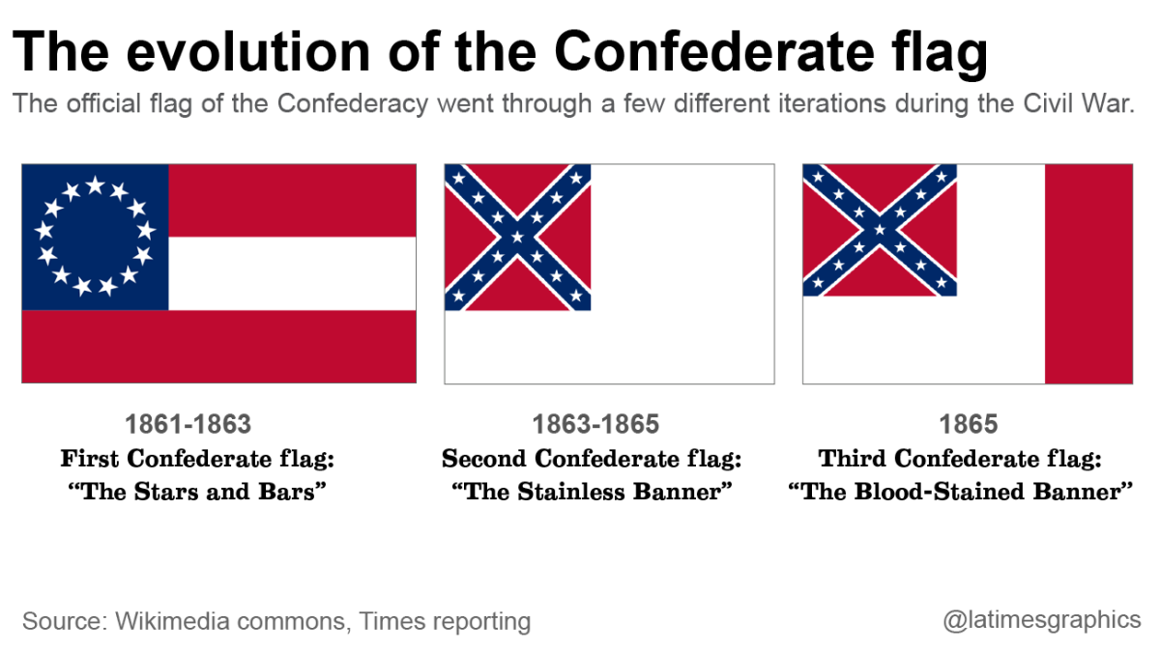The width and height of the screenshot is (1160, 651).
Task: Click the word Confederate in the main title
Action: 714,52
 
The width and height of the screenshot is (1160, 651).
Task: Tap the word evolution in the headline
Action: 248,52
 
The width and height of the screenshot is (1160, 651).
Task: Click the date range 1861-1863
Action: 188,424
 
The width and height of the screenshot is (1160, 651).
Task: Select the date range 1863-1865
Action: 596,424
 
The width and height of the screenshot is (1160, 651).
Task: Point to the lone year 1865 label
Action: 968,424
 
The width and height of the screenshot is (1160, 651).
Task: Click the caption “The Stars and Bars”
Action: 197,491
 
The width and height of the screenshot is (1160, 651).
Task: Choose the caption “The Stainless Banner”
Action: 592,491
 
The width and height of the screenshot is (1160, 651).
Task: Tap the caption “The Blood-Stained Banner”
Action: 961,491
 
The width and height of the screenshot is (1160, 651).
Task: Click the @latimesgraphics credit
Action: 1042,620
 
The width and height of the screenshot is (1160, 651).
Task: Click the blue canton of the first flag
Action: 96,238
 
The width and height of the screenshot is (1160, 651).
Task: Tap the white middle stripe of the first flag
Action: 293,273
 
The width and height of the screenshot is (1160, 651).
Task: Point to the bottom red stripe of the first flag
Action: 219,347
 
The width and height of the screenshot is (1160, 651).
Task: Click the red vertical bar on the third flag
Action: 1089,273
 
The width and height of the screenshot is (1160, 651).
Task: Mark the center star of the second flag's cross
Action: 518,238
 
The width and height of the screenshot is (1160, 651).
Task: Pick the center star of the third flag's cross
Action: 880,230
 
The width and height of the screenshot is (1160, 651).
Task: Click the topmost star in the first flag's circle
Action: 96,184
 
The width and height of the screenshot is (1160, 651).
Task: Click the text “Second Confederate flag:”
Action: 592,459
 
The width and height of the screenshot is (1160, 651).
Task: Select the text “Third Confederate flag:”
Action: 960,459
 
